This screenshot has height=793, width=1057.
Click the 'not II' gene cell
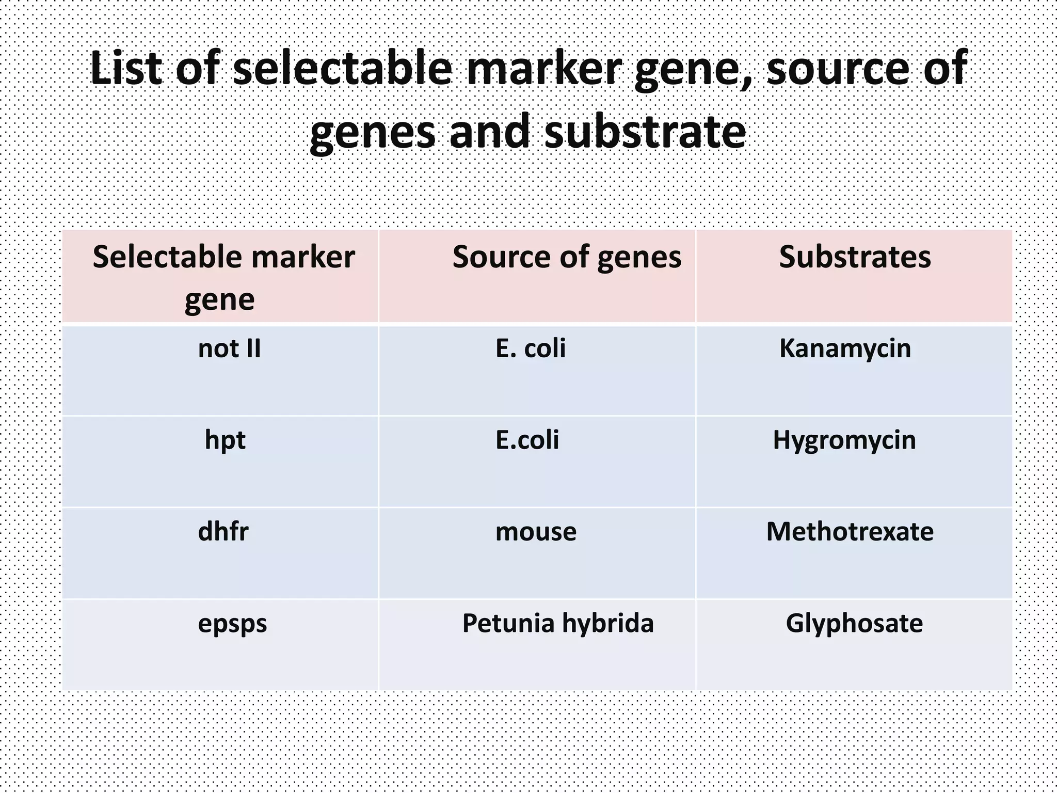(x=229, y=348)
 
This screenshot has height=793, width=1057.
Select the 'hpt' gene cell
(x=225, y=440)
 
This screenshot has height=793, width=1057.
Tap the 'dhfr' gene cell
(x=223, y=532)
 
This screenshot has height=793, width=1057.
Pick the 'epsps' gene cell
(x=232, y=624)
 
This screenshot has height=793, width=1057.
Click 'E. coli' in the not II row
(x=531, y=348)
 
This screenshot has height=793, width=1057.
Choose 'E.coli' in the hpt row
(x=527, y=440)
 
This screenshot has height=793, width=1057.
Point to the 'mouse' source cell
(x=536, y=532)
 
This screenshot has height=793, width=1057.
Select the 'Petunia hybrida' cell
(x=557, y=623)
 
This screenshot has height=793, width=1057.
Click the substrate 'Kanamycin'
(x=845, y=348)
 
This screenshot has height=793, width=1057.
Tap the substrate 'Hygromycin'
(x=844, y=440)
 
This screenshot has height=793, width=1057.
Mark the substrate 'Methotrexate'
(x=850, y=532)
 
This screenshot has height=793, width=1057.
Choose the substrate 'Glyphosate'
(x=854, y=623)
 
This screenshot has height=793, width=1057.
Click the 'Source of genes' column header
(x=567, y=257)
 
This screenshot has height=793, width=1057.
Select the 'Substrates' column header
(x=855, y=257)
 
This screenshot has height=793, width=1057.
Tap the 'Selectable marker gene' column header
(x=223, y=277)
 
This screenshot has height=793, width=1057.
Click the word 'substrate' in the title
(x=645, y=131)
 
